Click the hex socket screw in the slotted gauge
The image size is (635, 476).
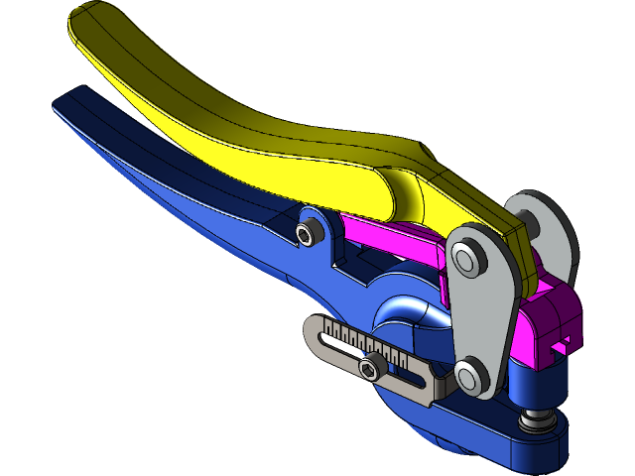pyautogui.click(x=372, y=369)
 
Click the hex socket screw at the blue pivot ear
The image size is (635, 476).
pyautogui.click(x=309, y=233)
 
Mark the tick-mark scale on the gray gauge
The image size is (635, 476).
pyautogui.click(x=367, y=342)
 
